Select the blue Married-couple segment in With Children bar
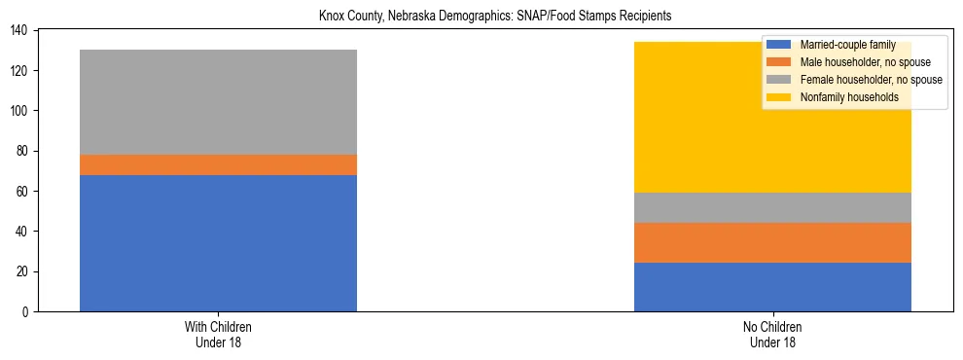coord(218,242)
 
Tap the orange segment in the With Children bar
coord(218,164)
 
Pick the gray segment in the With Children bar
coord(218,102)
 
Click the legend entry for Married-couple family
coord(846,45)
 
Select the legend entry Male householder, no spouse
coord(858,62)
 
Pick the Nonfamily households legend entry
coord(842,97)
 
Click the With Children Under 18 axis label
coord(218,334)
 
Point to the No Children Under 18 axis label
coord(772,334)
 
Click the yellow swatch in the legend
coord(779,97)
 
